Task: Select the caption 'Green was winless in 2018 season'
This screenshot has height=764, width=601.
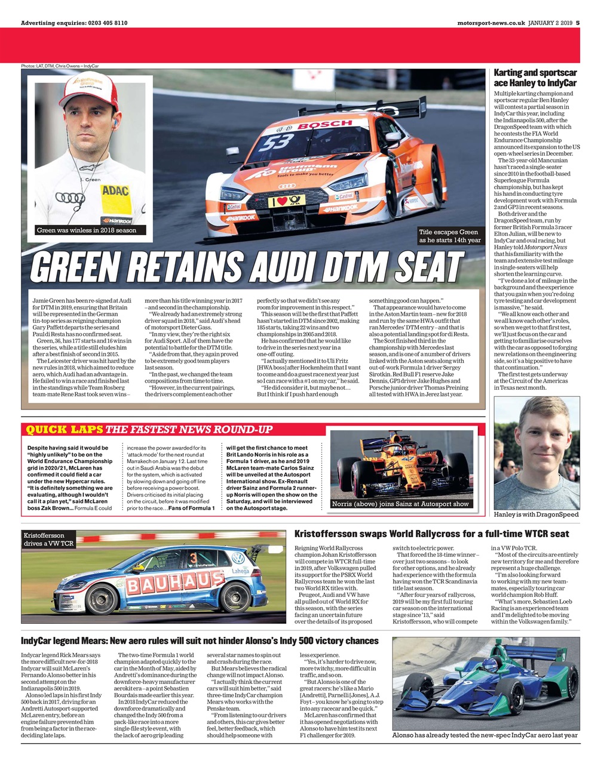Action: coord(87,230)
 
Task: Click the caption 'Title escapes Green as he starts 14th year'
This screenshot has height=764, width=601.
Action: coord(449,236)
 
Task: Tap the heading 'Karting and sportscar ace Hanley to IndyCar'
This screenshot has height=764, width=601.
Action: coord(535,78)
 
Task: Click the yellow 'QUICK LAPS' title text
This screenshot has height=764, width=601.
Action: coord(63,429)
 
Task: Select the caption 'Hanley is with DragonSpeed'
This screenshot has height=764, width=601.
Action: coord(536,514)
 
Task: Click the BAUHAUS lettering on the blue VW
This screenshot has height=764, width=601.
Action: coord(167,581)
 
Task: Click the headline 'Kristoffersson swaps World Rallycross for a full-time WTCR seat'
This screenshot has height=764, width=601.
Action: coord(432,534)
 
